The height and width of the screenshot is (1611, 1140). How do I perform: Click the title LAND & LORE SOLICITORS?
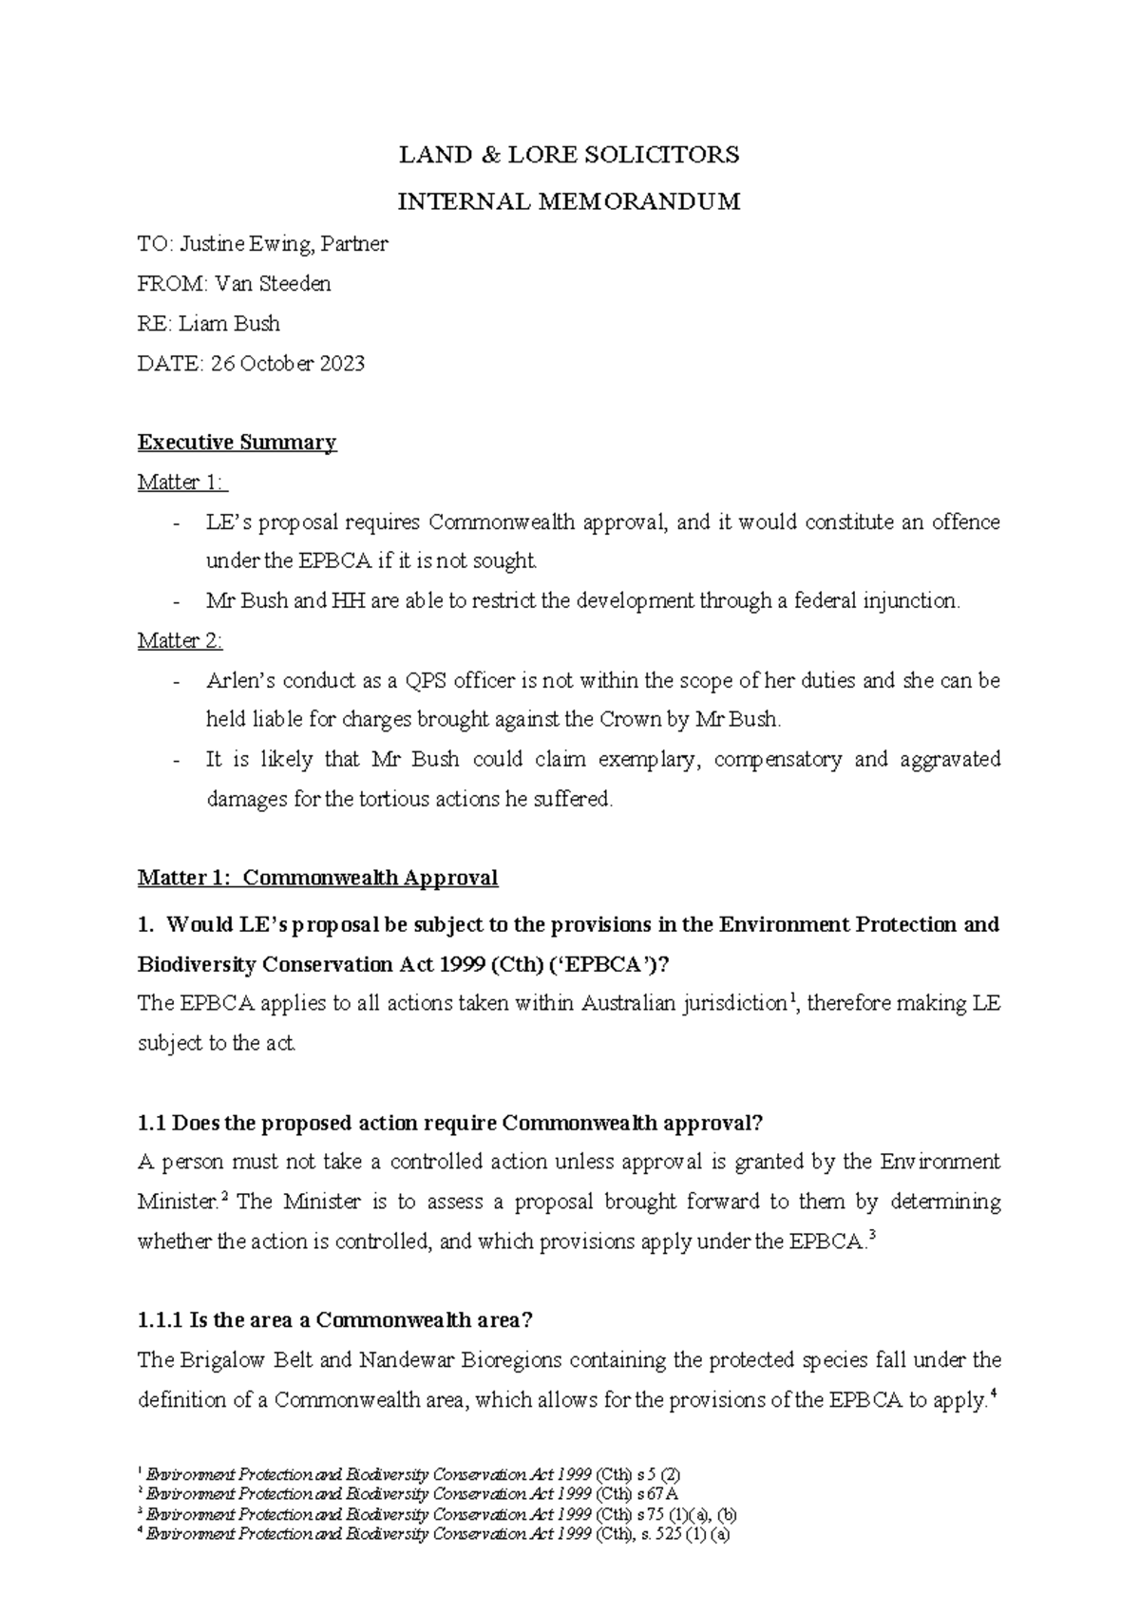568,155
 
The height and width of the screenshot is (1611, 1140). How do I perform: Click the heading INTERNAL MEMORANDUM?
568,202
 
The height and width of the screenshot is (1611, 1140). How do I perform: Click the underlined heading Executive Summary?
237,443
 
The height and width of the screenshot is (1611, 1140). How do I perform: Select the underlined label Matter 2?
180,641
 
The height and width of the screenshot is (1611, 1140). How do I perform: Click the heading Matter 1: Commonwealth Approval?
317,878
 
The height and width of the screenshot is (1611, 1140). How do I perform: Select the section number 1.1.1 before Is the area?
161,1320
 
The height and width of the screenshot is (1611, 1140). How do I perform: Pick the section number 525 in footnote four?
681,1533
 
